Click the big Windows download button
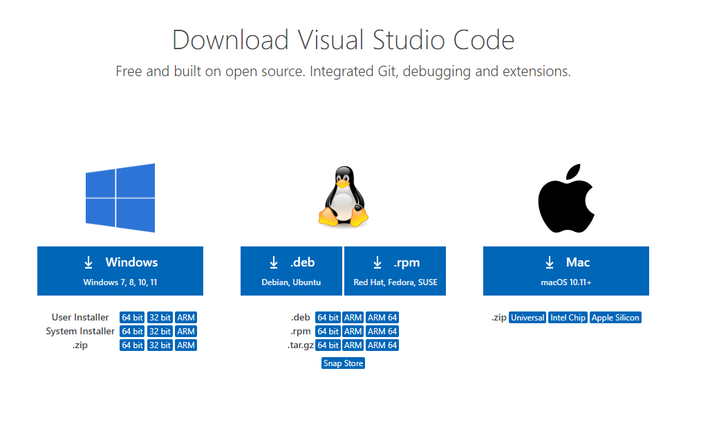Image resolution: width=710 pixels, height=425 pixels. click(x=120, y=271)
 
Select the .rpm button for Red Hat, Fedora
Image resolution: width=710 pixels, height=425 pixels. click(x=395, y=271)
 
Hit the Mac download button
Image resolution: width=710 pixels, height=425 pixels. click(x=566, y=271)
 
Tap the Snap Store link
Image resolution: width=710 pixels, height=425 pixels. click(x=343, y=363)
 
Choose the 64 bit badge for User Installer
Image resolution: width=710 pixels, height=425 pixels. click(x=132, y=318)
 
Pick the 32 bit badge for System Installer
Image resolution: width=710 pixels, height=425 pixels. click(x=160, y=331)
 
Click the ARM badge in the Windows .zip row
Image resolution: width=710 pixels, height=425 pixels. click(x=186, y=345)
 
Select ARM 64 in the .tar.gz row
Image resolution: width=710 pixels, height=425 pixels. click(x=382, y=345)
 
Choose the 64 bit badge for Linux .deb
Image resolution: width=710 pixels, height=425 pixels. click(x=328, y=318)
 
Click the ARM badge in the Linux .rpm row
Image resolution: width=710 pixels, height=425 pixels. click(x=353, y=331)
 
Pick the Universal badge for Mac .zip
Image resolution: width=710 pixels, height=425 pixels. click(x=527, y=318)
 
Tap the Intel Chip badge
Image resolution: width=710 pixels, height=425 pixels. click(x=568, y=318)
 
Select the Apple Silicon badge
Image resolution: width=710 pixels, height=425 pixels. click(x=615, y=318)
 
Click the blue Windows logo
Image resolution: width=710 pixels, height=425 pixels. click(x=120, y=198)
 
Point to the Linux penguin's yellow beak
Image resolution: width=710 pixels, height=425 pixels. click(x=343, y=183)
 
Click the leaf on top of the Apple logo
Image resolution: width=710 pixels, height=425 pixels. click(x=573, y=172)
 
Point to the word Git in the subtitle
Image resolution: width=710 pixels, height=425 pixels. click(x=387, y=71)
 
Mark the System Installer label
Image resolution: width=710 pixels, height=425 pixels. click(x=80, y=331)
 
